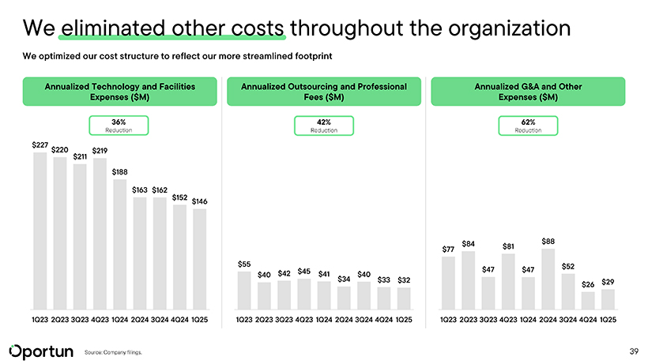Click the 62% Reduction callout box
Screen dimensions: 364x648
click(x=528, y=125)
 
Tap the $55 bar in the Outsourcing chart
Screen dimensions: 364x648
click(x=244, y=291)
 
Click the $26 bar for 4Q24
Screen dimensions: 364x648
click(x=588, y=301)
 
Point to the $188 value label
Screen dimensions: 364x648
click(x=119, y=171)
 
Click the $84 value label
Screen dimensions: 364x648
click(x=469, y=243)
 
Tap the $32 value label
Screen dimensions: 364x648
click(x=404, y=280)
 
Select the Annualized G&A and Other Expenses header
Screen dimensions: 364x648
click(x=528, y=91)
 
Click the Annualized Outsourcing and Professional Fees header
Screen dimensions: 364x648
click(x=323, y=91)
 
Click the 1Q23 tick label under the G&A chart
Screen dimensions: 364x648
click(x=448, y=320)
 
